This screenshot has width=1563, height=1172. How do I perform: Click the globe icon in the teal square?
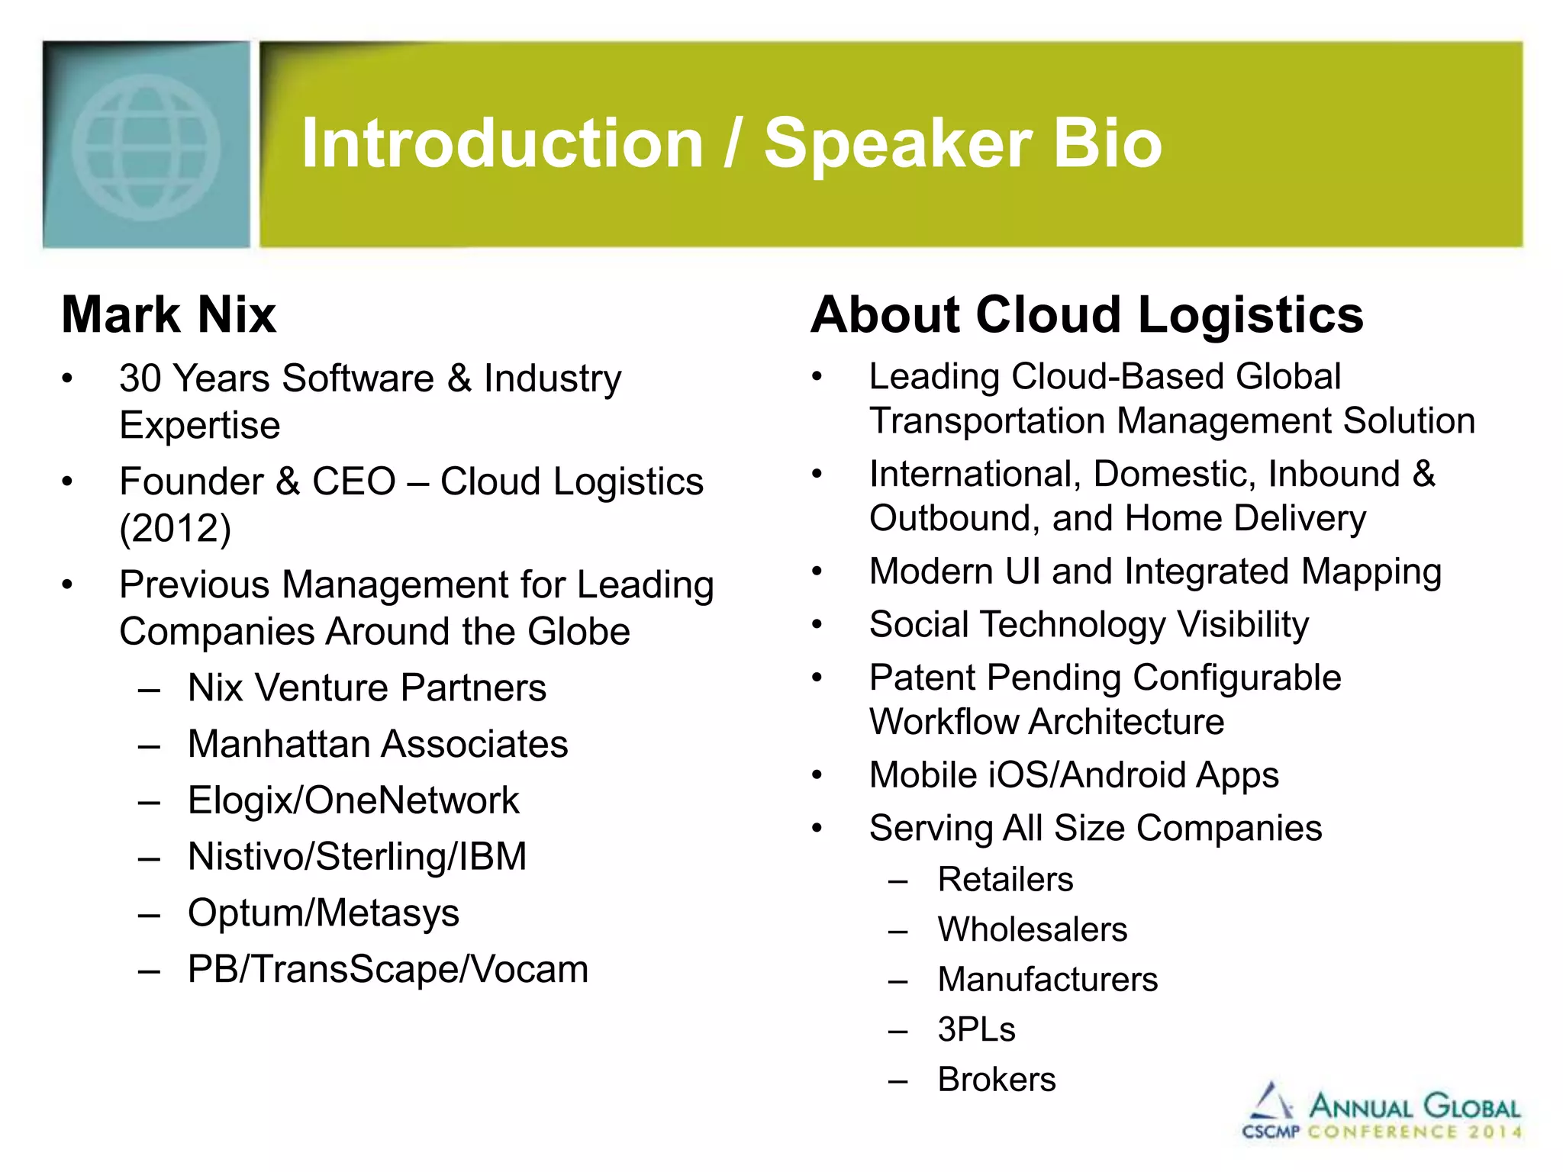[x=146, y=146]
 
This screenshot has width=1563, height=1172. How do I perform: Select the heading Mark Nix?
[x=169, y=314]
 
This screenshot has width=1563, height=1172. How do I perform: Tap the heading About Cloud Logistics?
[x=1086, y=314]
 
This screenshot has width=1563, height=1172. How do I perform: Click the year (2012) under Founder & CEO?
[x=176, y=528]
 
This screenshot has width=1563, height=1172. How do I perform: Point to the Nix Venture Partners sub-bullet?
[x=366, y=687]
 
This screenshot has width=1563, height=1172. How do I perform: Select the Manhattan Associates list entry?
[x=378, y=744]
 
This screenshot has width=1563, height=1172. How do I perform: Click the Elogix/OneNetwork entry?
[x=353, y=800]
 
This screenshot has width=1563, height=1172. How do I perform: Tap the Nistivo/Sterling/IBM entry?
[x=357, y=856]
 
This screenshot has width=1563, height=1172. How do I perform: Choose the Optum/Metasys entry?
[x=324, y=913]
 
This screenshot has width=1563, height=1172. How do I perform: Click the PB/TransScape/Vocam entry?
[x=388, y=969]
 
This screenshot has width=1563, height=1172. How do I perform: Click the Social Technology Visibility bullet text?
[x=1088, y=624]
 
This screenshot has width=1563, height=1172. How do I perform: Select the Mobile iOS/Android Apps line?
[x=1073, y=775]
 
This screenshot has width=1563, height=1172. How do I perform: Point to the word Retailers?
[x=1005, y=879]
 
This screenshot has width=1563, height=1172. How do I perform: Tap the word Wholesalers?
[x=1032, y=929]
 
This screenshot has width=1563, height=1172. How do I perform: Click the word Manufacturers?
[x=1047, y=979]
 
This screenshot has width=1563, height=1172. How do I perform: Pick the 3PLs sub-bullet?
[x=976, y=1029]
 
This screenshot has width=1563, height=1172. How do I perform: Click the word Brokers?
[x=996, y=1079]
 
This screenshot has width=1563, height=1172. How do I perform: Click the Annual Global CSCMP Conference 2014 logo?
[x=1381, y=1113]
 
